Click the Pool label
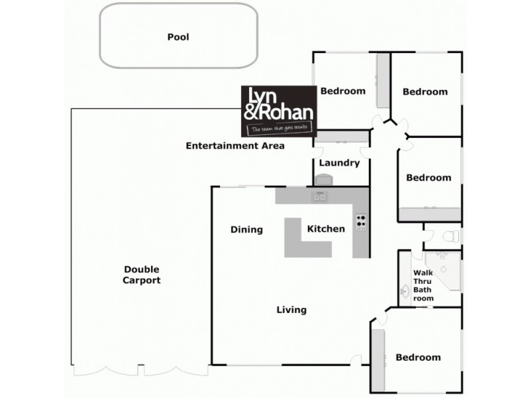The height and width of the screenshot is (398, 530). click(178, 37)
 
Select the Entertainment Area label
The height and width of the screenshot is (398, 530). click(235, 145)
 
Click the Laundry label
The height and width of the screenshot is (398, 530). click(339, 163)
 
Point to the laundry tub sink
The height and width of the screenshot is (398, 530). click(324, 180)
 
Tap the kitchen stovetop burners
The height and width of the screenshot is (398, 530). click(361, 221)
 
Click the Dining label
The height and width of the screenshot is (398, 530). click(246, 230)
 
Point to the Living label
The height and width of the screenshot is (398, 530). click(291, 310)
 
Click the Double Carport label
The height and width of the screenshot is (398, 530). click(142, 275)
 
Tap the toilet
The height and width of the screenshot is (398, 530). click(451, 235)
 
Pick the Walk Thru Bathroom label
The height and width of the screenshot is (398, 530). click(423, 285)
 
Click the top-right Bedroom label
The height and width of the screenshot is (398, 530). click(425, 92)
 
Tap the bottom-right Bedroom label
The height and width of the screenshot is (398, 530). click(418, 358)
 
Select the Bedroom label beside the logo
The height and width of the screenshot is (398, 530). click(343, 91)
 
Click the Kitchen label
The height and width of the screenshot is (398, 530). click(326, 229)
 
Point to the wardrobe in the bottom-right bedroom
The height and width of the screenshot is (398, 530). click(378, 359)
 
